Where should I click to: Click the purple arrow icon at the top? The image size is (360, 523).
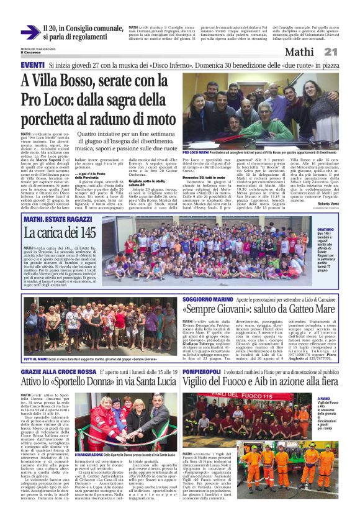30,32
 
